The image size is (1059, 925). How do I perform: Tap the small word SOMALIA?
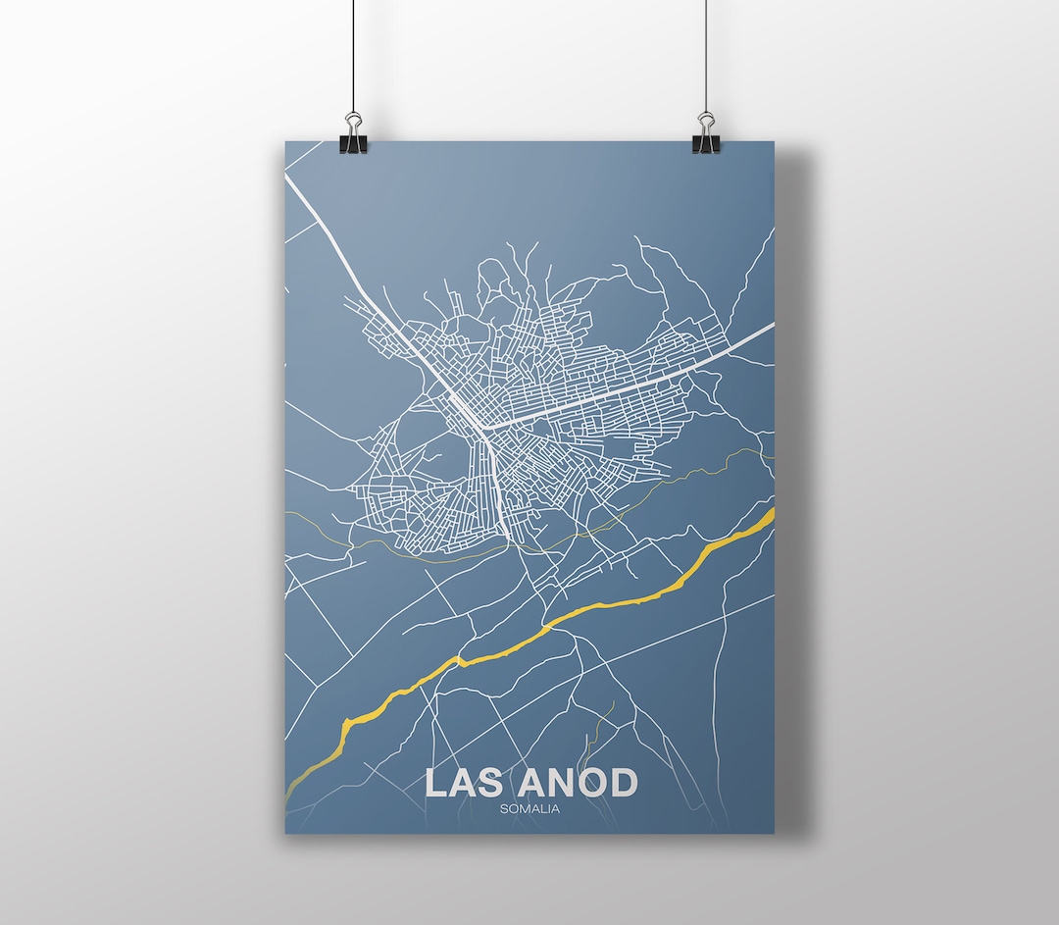529,809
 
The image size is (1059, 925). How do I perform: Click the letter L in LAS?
437,783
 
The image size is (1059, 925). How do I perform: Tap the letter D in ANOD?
623,783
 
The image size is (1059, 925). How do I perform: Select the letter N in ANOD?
562,783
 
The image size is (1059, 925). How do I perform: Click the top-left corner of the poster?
286,143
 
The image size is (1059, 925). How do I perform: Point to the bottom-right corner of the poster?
773,833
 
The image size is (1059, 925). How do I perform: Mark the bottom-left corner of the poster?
286,833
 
